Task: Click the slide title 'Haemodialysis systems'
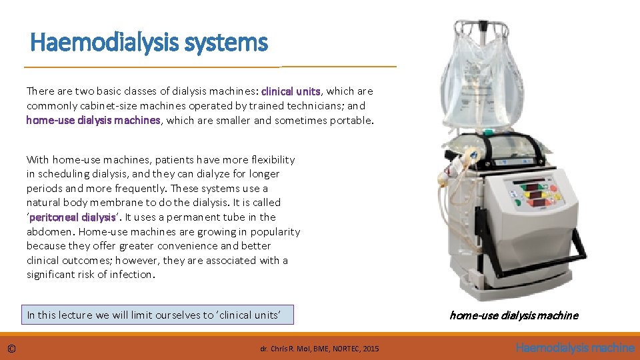149,43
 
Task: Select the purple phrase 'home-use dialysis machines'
93,120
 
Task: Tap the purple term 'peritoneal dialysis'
72,217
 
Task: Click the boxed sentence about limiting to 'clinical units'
159,315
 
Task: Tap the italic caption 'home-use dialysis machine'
513,315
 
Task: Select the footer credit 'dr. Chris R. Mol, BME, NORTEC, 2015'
319,349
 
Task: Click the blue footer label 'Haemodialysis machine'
575,347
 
